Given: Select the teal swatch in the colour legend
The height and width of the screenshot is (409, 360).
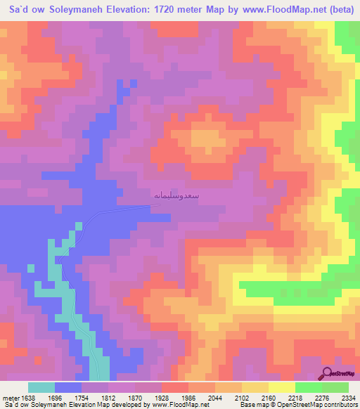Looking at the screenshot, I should (41, 387).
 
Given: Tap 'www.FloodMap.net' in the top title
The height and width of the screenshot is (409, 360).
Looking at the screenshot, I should (267, 10).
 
